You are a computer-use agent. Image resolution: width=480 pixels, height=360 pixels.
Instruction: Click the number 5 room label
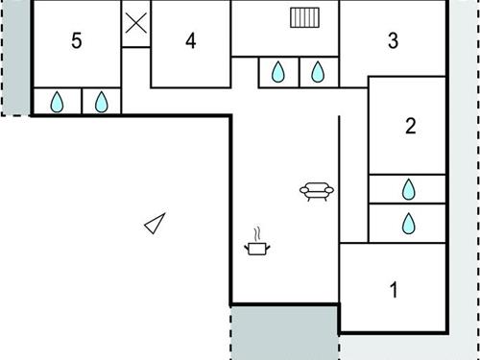(x=77, y=40)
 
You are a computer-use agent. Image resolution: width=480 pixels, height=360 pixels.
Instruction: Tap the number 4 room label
(x=191, y=40)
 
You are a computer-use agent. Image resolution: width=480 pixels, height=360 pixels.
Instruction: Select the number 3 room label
(x=393, y=40)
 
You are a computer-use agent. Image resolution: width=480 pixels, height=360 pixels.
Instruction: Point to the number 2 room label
(x=411, y=126)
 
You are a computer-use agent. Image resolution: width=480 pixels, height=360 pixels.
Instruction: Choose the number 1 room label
(x=394, y=290)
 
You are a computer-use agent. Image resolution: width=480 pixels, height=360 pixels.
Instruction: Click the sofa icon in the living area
(x=317, y=191)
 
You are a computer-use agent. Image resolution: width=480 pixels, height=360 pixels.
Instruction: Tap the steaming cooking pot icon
(x=257, y=242)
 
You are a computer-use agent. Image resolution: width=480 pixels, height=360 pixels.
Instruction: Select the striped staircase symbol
(x=304, y=17)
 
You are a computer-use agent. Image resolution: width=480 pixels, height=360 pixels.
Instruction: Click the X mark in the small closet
(x=136, y=23)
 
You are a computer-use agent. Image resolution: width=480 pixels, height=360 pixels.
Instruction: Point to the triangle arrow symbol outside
(x=155, y=224)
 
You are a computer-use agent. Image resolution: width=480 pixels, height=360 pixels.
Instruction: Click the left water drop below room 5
(x=57, y=102)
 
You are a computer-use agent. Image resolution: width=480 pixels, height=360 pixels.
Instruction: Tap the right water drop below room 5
(x=102, y=102)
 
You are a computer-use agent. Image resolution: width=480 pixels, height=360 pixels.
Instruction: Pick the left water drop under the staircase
(x=277, y=72)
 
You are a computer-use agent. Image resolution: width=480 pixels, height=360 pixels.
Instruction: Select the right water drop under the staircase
(x=318, y=72)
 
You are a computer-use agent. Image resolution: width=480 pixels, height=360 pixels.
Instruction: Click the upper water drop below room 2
(x=408, y=189)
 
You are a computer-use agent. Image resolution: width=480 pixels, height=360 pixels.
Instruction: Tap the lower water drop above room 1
(x=408, y=224)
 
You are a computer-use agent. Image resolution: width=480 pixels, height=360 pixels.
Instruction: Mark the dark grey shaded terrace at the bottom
(x=284, y=333)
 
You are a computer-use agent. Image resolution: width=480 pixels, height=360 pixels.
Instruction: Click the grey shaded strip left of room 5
(x=16, y=58)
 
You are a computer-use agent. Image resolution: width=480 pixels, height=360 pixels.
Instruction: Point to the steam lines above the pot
(x=257, y=234)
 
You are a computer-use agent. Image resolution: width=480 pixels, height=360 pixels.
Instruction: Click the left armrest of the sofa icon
(x=304, y=190)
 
